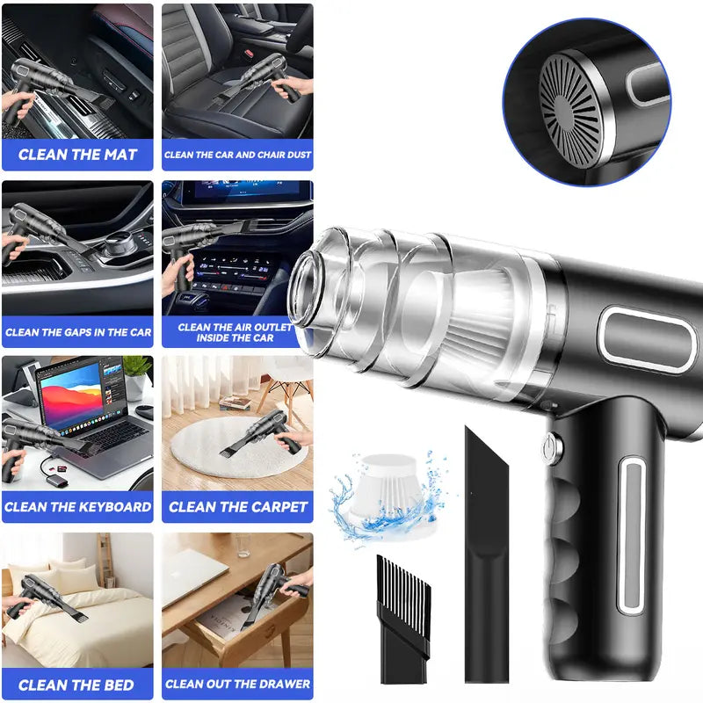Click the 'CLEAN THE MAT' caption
(77, 155)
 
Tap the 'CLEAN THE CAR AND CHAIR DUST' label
(237, 155)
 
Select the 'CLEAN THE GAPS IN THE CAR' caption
(77, 332)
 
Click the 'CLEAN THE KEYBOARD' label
(77, 507)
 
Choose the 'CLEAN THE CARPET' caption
(237, 507)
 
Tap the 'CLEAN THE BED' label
(77, 685)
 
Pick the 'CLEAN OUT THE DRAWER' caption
(237, 684)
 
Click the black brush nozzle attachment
(403, 615)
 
